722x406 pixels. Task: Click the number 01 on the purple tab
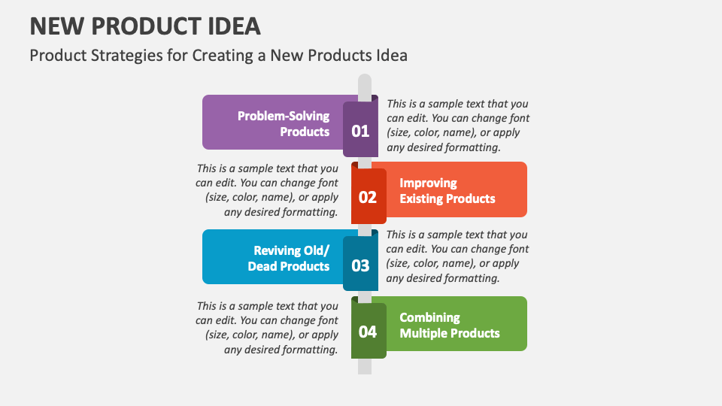[360, 131]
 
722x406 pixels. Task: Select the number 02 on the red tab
[367, 198]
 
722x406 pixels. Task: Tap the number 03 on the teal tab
[360, 265]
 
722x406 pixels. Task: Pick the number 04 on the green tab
[367, 332]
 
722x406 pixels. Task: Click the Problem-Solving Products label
[284, 123]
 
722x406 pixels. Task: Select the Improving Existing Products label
[447, 191]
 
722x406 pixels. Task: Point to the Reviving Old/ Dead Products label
[289, 258]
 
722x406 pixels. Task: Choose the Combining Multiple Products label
[449, 325]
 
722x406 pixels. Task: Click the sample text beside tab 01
[457, 126]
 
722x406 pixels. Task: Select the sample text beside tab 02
[267, 190]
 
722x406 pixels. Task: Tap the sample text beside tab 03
[457, 256]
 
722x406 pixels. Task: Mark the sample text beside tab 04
[267, 328]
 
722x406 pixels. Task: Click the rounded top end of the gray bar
[364, 80]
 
